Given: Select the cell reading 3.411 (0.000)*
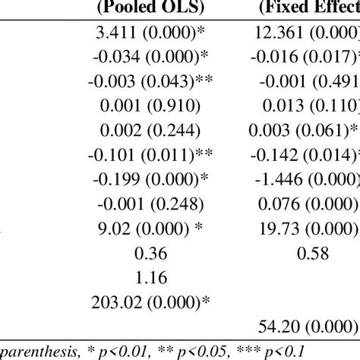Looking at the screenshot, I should coord(151,34).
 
